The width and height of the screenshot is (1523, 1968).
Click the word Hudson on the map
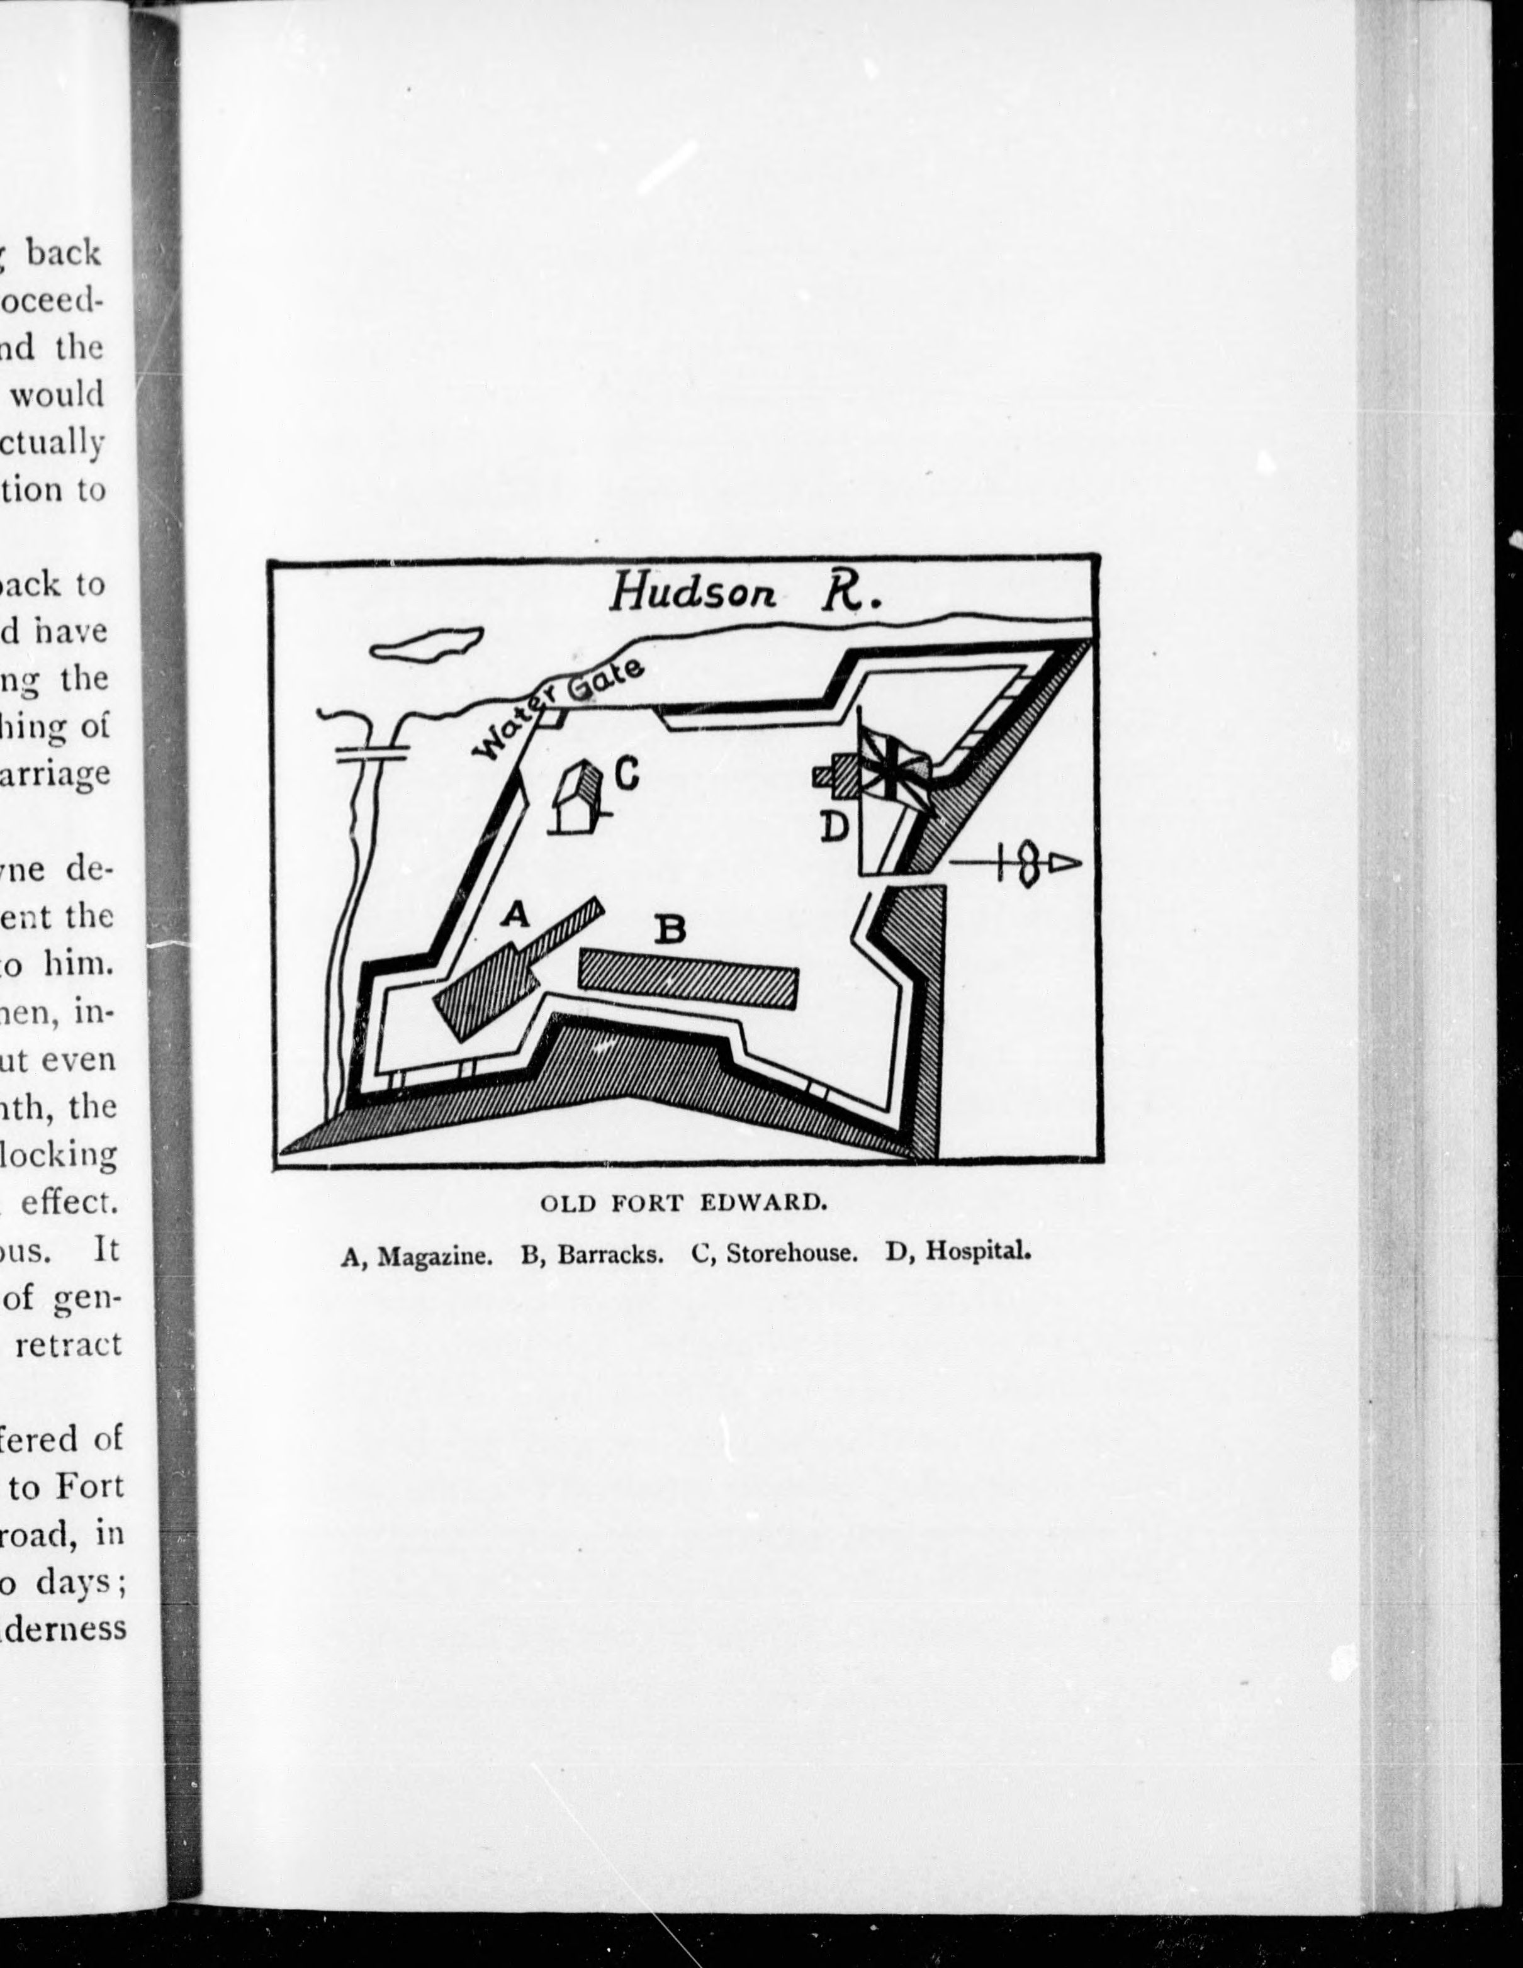[693, 593]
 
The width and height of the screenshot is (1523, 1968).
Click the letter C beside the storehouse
[627, 771]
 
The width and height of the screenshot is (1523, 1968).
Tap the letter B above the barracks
[670, 930]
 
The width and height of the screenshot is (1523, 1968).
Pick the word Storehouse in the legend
[791, 1255]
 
